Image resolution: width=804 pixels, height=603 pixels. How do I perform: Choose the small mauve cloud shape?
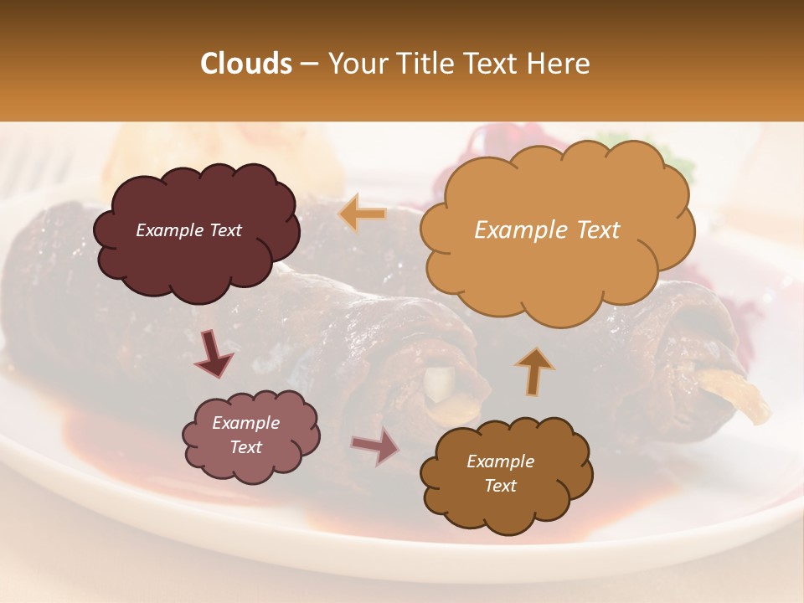click(x=250, y=435)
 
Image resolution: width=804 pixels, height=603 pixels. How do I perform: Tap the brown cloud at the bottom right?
click(x=506, y=473)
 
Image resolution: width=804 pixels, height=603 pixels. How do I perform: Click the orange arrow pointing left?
click(x=363, y=215)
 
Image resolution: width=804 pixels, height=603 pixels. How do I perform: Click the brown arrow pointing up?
click(x=534, y=369)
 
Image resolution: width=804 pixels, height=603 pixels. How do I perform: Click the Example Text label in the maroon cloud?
click(x=188, y=230)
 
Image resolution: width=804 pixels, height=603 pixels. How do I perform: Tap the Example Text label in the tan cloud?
click(x=547, y=230)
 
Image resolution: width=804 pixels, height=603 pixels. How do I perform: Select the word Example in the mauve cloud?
click(x=245, y=423)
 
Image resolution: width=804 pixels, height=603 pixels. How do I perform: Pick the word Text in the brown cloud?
click(x=500, y=486)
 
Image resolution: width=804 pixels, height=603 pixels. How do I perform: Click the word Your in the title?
click(x=351, y=64)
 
